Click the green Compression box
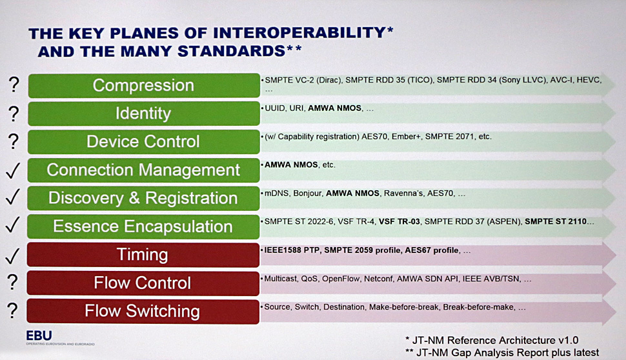pos(144,85)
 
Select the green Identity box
pos(144,114)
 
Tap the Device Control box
pos(144,142)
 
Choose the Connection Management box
pos(143,170)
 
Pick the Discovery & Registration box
pos(143,198)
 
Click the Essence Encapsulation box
pos(143,226)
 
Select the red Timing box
pos(143,255)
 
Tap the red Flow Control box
pos(143,283)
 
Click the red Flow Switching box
pos(143,312)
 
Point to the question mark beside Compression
pos(14,85)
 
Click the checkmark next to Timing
pos(13,256)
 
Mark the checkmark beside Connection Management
pos(13,170)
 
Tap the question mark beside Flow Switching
pos(13,310)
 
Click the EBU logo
pos(39,335)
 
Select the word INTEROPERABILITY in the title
pos(299,33)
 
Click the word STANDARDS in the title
pos(231,51)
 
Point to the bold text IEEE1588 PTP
pos(292,250)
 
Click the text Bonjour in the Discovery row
pos(307,194)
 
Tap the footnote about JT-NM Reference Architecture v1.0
pos(492,340)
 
